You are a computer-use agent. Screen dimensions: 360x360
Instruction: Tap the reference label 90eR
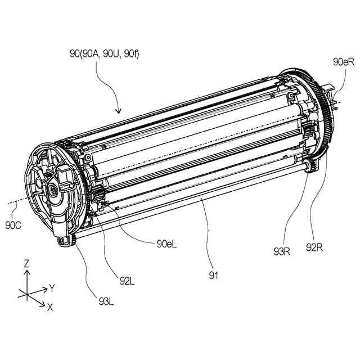(x=343, y=62)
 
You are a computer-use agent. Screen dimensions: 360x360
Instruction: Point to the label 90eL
(x=168, y=244)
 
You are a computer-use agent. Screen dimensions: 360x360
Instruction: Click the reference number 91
(x=213, y=275)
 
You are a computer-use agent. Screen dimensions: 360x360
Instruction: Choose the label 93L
(x=105, y=301)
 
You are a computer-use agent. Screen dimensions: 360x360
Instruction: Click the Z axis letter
(x=26, y=263)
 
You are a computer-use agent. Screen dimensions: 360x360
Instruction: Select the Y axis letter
(x=52, y=288)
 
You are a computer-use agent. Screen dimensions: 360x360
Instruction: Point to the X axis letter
(x=49, y=307)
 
